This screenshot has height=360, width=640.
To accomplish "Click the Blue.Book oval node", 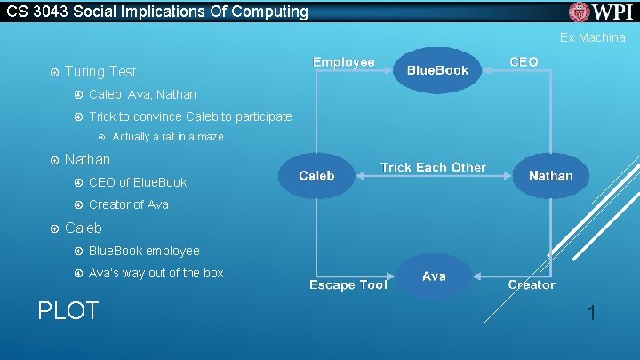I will click(x=436, y=70).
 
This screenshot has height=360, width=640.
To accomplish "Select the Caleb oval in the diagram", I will click(x=316, y=176).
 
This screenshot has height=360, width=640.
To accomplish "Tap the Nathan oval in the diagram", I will click(x=550, y=176).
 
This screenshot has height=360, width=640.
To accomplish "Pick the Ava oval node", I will click(x=434, y=276).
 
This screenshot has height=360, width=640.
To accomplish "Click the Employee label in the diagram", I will click(x=343, y=62).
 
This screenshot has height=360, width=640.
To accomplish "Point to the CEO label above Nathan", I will click(x=524, y=62).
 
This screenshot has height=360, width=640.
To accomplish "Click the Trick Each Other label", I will click(x=433, y=167).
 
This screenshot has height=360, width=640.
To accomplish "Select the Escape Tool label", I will click(x=348, y=284).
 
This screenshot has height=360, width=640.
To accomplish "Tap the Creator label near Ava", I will click(x=532, y=284).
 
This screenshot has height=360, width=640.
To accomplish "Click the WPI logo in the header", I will click(x=601, y=12).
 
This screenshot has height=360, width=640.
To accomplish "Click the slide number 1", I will click(x=591, y=312).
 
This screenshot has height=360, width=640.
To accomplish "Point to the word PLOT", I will click(x=68, y=310).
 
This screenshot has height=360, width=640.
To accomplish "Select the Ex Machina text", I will click(x=592, y=38).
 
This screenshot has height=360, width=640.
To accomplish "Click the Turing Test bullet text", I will click(x=100, y=71).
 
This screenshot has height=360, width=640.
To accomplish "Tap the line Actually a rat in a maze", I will click(x=168, y=137).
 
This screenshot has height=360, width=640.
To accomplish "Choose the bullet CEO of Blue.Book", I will click(x=138, y=182).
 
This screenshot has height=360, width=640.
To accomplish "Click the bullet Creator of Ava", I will click(x=128, y=204).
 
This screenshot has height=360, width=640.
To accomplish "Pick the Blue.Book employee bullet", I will click(x=144, y=251).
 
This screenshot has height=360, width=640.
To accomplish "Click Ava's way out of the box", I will click(x=156, y=273).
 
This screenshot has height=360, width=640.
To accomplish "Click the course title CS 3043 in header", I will click(x=155, y=12).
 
